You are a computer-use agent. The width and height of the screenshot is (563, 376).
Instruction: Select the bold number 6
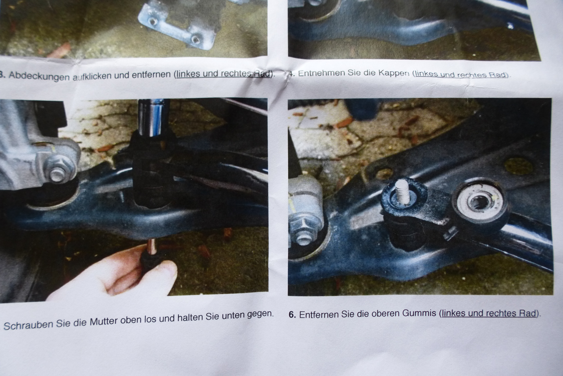[292, 314]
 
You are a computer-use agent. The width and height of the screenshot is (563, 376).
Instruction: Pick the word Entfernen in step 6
[319, 314]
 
